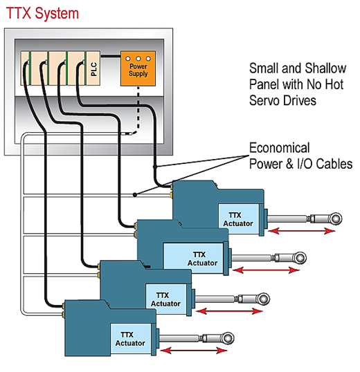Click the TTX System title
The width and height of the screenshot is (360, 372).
42,14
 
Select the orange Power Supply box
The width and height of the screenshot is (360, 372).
138,68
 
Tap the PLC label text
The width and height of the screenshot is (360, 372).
94,69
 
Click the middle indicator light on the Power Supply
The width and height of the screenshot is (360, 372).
138,58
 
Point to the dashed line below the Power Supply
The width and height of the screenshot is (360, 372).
138,109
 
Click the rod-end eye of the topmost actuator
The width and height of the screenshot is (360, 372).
336,218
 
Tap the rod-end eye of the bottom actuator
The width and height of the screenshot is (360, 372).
228,338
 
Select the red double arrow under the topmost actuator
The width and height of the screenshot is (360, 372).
302,231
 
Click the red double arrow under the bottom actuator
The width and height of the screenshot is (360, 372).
194,351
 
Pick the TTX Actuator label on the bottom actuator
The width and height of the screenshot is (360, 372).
130,339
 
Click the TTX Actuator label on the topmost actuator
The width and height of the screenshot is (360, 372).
237,219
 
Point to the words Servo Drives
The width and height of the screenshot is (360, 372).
282,100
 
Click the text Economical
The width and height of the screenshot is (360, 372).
279,148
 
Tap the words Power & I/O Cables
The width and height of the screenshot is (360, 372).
300,164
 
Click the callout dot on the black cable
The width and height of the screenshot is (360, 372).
155,167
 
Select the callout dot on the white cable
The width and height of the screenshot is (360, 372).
134,195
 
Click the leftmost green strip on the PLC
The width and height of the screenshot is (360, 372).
30,68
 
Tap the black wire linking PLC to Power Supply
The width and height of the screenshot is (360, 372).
110,56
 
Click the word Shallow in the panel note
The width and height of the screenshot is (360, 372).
325,68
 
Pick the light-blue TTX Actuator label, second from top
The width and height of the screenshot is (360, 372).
202,259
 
